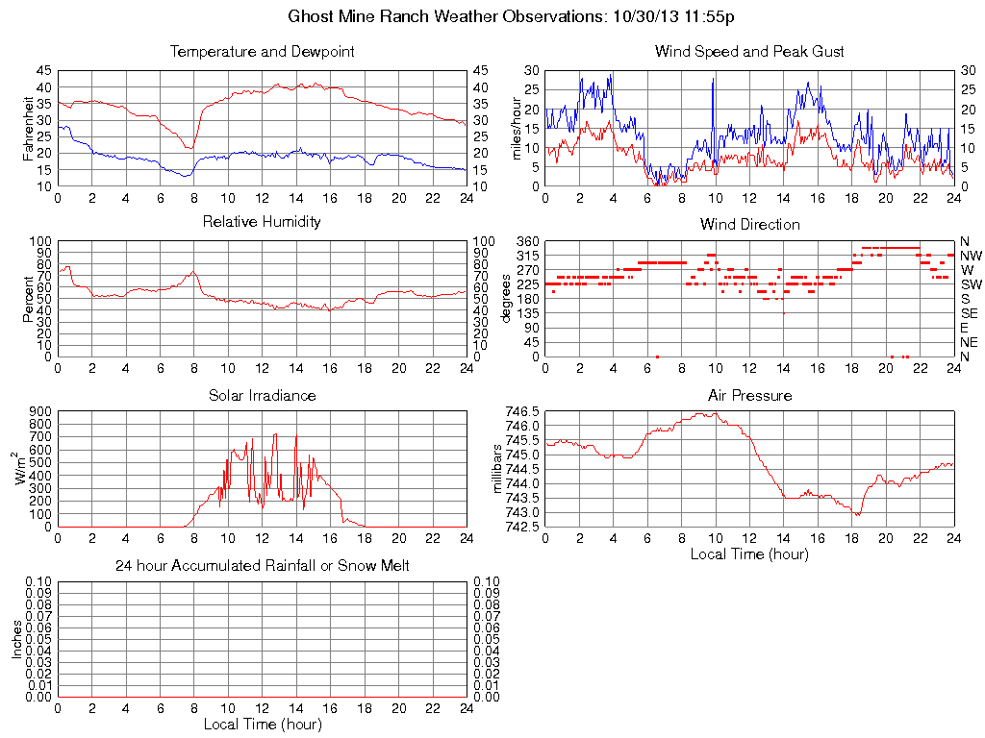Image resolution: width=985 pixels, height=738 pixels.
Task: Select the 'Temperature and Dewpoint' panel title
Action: pyautogui.click(x=262, y=51)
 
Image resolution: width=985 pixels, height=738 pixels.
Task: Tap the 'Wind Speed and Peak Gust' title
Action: pyautogui.click(x=749, y=51)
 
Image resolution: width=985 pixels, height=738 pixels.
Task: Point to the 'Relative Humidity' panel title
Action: pyautogui.click(x=262, y=222)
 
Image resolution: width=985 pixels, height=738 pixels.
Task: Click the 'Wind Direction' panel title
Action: pyautogui.click(x=749, y=224)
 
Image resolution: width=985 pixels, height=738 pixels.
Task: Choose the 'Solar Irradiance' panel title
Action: pyautogui.click(x=262, y=395)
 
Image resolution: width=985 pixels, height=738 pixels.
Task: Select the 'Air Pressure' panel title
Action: pyautogui.click(x=749, y=395)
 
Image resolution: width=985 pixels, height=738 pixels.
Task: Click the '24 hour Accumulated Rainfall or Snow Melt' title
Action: pyautogui.click(x=262, y=566)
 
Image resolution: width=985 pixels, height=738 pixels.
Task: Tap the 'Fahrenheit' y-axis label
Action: pyautogui.click(x=28, y=128)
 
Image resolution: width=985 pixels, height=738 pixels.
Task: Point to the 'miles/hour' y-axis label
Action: pyautogui.click(x=517, y=128)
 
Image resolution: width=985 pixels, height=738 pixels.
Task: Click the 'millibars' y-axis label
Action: pyautogui.click(x=497, y=468)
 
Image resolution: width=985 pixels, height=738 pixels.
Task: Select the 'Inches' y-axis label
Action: pyautogui.click(x=16, y=639)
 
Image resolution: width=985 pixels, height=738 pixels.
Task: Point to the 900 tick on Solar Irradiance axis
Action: pyautogui.click(x=41, y=410)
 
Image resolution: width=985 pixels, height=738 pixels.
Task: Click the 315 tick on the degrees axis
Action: pyautogui.click(x=527, y=256)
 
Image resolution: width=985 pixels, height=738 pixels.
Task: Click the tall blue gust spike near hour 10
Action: pyautogui.click(x=713, y=81)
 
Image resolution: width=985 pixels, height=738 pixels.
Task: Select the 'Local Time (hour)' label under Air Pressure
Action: pyautogui.click(x=749, y=553)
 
